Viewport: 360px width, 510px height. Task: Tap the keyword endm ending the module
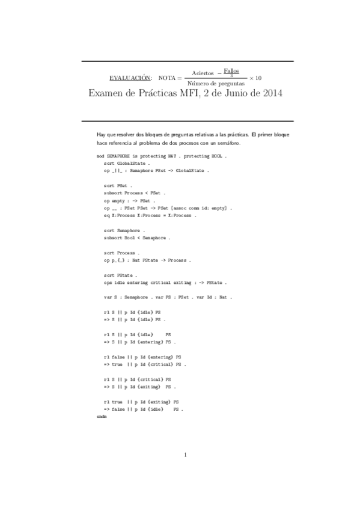[x=101, y=416]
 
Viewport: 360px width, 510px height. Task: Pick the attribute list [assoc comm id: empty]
[x=199, y=207]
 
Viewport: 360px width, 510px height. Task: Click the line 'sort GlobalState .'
[x=126, y=162]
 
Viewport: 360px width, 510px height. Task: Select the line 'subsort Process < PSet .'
[x=133, y=193]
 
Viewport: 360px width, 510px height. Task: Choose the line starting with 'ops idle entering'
[x=165, y=283]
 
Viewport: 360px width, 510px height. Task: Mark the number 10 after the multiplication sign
[x=258, y=78]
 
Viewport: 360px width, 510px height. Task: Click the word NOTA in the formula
[x=166, y=78]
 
